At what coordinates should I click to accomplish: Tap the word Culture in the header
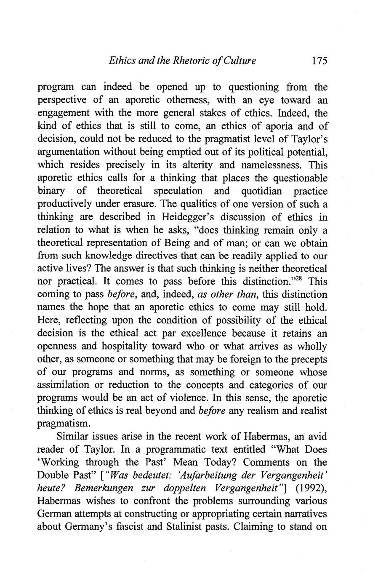240,61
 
